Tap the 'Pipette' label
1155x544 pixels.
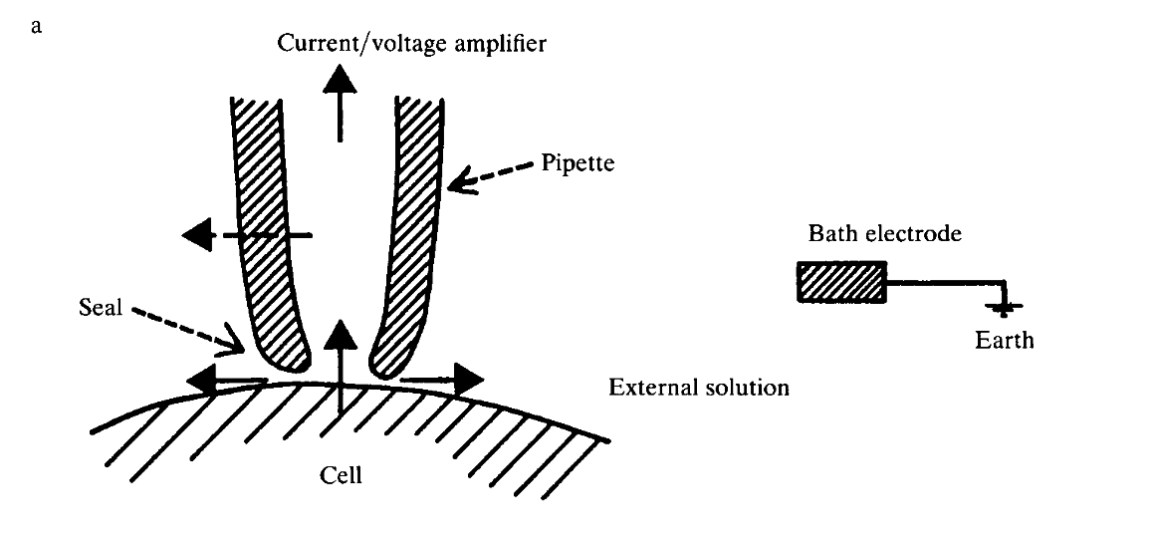tap(579, 161)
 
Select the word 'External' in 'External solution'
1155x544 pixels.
tap(653, 387)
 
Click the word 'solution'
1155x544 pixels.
tap(747, 387)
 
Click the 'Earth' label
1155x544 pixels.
tap(1004, 341)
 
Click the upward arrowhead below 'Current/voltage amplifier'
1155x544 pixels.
tap(341, 79)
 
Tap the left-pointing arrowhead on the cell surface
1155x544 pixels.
tap(202, 380)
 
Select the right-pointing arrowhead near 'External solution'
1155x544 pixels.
tap(468, 379)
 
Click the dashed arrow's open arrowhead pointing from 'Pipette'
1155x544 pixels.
tap(459, 179)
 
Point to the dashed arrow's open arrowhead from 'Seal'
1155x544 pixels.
tap(236, 344)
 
